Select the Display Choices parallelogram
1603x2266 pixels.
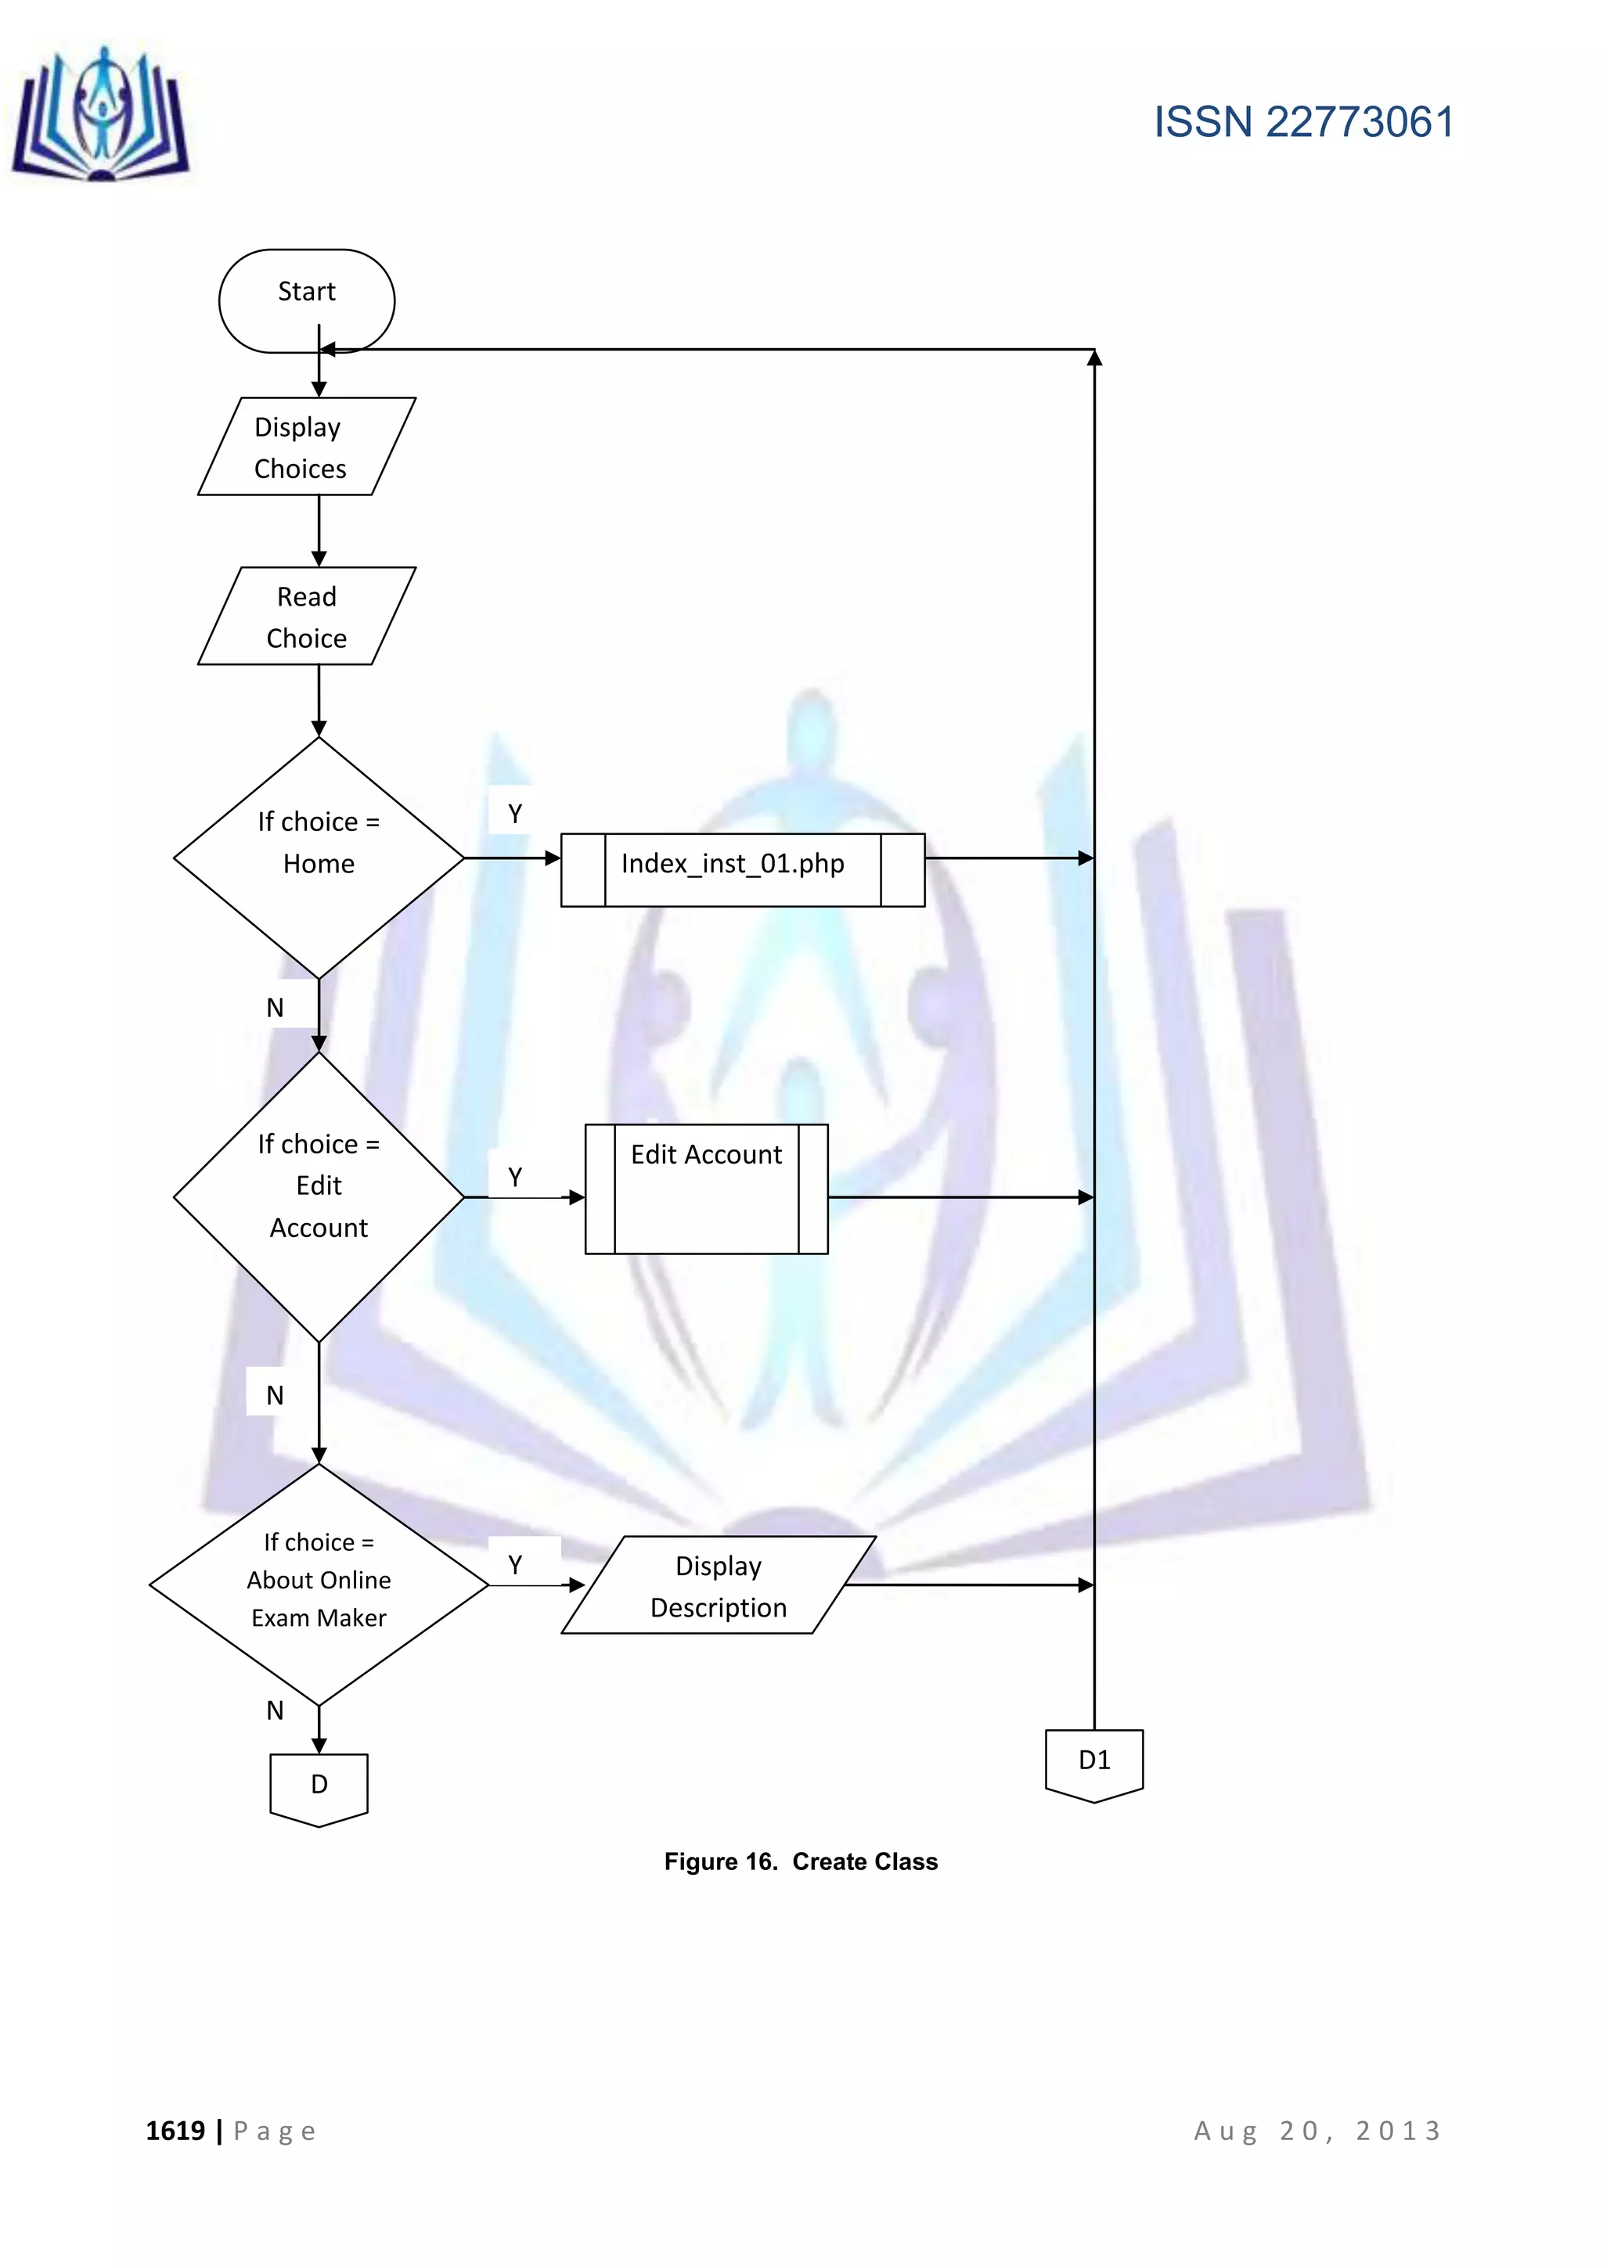point(306,446)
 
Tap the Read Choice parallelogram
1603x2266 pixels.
point(306,616)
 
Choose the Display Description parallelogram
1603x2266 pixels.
point(719,1585)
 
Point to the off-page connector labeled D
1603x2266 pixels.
point(318,1786)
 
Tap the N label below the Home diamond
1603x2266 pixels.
point(275,1008)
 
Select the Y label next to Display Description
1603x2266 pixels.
point(514,1564)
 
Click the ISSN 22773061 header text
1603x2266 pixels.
point(1303,122)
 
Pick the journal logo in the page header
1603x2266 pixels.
point(101,117)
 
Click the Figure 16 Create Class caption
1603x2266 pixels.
point(801,1861)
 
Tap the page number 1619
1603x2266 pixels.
point(175,2131)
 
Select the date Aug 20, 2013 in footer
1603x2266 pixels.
point(1317,2131)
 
